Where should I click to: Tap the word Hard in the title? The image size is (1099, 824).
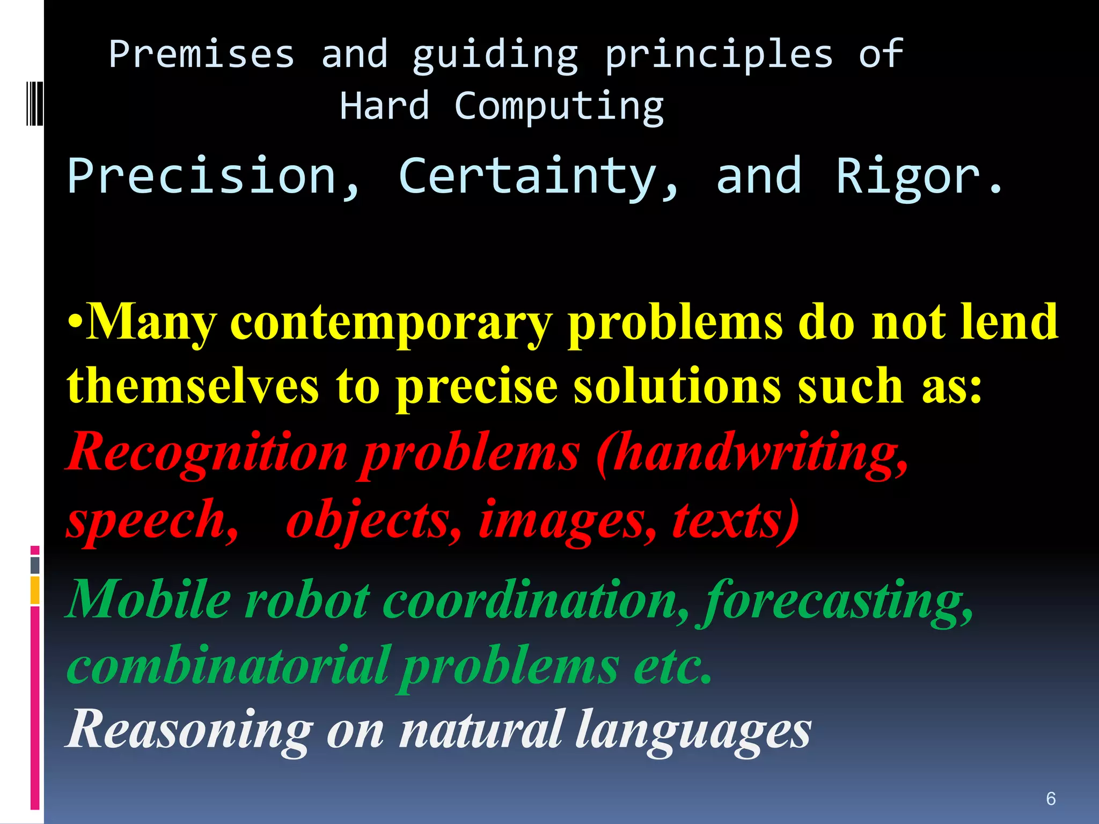click(384, 106)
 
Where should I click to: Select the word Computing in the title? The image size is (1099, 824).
click(559, 107)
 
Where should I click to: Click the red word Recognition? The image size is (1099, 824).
click(208, 452)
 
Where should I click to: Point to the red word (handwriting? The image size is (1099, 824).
click(752, 453)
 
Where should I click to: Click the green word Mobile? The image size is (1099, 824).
click(149, 599)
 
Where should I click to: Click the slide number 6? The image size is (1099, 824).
click(1051, 799)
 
